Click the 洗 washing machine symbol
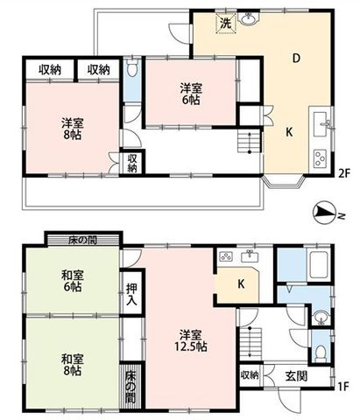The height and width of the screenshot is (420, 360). point(226,24)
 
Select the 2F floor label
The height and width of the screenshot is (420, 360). point(343,173)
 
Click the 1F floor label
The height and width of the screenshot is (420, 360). point(343,386)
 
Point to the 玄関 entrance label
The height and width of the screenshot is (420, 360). point(296,376)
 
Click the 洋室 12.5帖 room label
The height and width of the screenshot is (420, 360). point(191,340)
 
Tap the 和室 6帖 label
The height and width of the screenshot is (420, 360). point(73,281)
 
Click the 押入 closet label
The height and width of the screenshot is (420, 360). point(131,294)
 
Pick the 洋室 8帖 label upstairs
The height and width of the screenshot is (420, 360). point(73,129)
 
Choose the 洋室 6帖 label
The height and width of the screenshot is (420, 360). point(191,94)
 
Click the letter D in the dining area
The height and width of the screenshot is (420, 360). point(296,59)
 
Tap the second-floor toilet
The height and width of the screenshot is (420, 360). point(133,69)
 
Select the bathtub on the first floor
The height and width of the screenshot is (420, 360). point(319,265)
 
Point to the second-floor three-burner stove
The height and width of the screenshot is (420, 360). point(320,158)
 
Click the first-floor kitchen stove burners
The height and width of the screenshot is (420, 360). point(226,256)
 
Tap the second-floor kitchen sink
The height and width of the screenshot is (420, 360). point(321,124)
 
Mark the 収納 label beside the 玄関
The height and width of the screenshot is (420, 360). point(250,375)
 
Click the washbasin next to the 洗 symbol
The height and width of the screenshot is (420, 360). point(249,19)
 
